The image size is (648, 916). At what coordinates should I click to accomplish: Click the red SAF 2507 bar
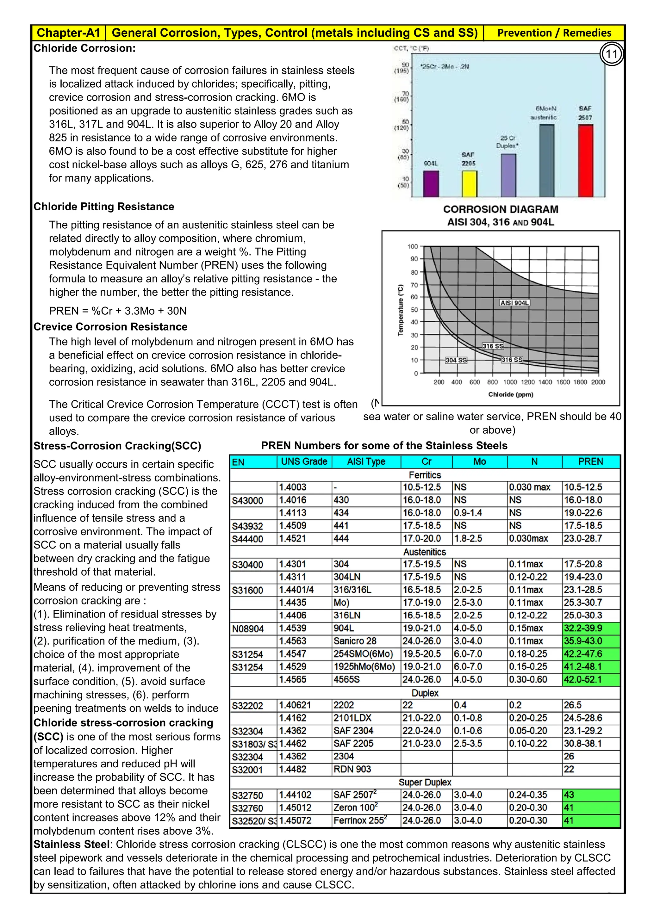[x=586, y=160]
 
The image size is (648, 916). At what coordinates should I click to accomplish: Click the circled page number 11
[x=611, y=54]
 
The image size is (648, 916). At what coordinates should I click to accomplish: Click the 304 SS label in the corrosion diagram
[x=456, y=360]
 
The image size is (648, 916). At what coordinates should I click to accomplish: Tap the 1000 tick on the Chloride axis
[x=510, y=382]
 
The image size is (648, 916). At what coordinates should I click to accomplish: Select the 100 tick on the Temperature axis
[x=412, y=246]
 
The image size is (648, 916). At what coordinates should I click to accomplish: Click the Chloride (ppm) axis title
[x=510, y=394]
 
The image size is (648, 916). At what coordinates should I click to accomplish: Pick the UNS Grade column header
[x=304, y=461]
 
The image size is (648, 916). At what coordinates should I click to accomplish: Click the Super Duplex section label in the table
[x=425, y=782]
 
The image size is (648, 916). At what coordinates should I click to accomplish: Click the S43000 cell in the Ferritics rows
[x=247, y=500]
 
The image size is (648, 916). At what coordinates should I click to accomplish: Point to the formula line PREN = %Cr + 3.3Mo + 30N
[x=118, y=311]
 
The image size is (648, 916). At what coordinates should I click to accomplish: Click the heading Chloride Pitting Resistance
[x=104, y=207]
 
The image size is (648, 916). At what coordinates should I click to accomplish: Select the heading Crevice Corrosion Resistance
[x=110, y=327]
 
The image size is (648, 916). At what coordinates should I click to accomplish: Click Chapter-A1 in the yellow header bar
[x=68, y=33]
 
